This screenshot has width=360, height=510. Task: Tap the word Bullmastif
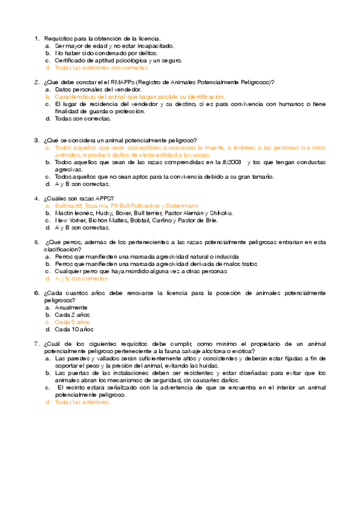pos(67,206)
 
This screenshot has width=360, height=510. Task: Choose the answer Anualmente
pos(71,307)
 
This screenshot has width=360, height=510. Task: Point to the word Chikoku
pos(221,213)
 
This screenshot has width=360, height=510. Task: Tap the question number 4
pos(37,198)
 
